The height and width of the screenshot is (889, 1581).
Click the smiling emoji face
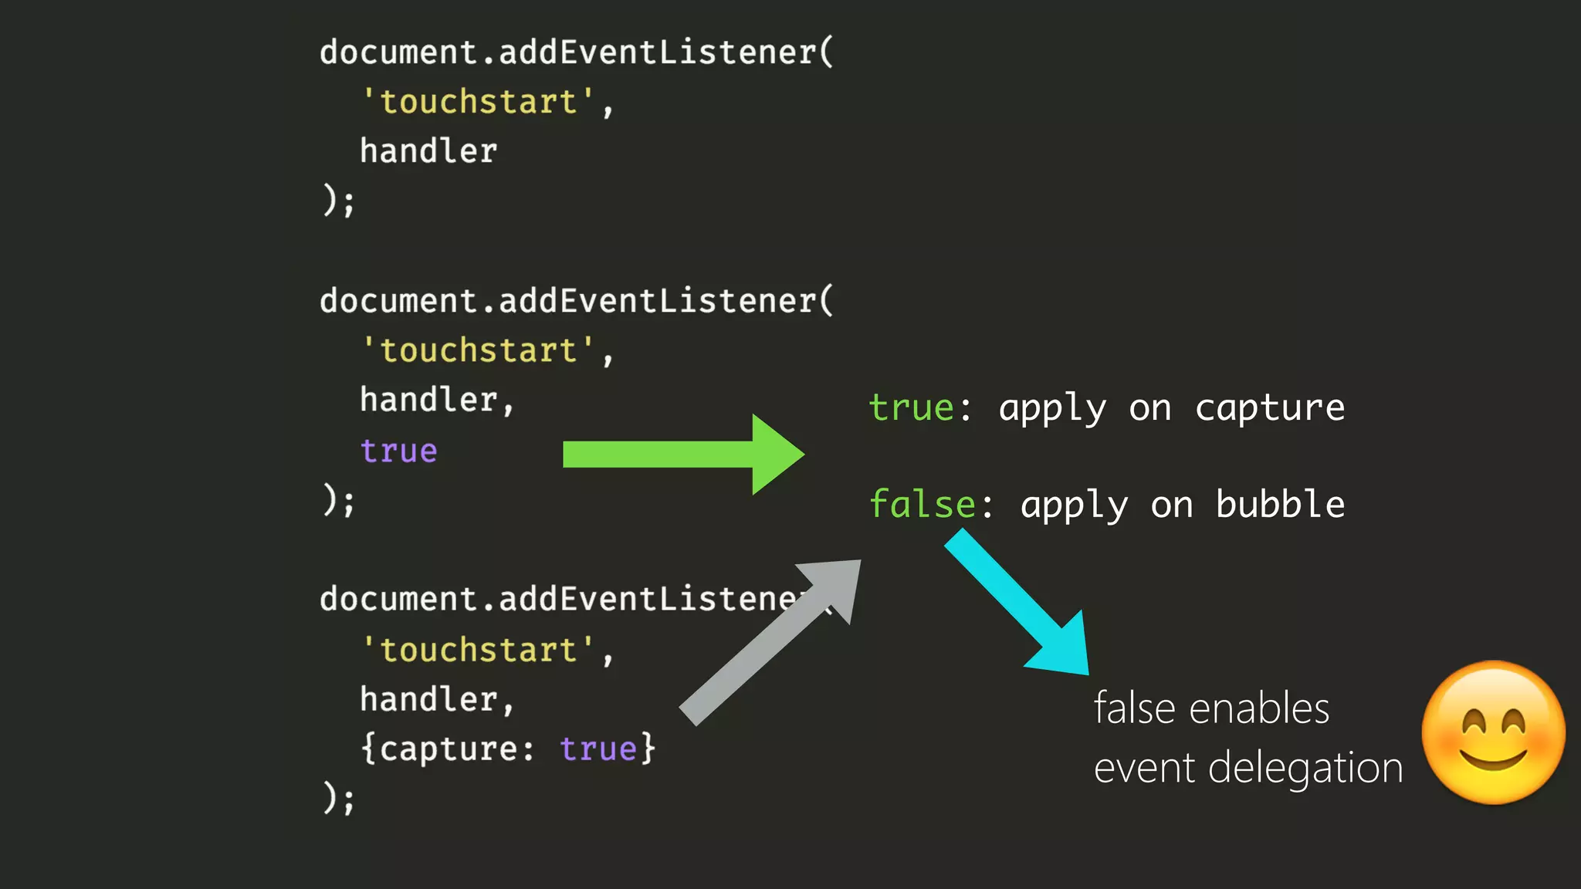click(1493, 732)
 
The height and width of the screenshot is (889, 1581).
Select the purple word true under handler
click(398, 451)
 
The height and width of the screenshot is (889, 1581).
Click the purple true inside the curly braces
click(598, 749)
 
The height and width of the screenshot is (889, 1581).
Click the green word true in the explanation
click(911, 407)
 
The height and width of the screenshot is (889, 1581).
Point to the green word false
click(922, 505)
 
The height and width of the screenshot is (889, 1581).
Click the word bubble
click(1280, 505)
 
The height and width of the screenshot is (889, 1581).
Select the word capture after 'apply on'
click(1270, 407)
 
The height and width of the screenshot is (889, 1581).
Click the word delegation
click(1305, 769)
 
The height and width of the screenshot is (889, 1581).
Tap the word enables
click(1259, 708)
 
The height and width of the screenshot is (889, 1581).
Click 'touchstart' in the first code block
click(479, 102)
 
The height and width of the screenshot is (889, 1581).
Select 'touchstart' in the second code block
click(479, 350)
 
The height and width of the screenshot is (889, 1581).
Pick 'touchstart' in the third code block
click(479, 650)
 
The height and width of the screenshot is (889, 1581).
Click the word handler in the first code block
click(428, 151)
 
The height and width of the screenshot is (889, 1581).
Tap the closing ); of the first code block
click(338, 201)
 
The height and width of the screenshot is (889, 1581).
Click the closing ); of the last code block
click(338, 798)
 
